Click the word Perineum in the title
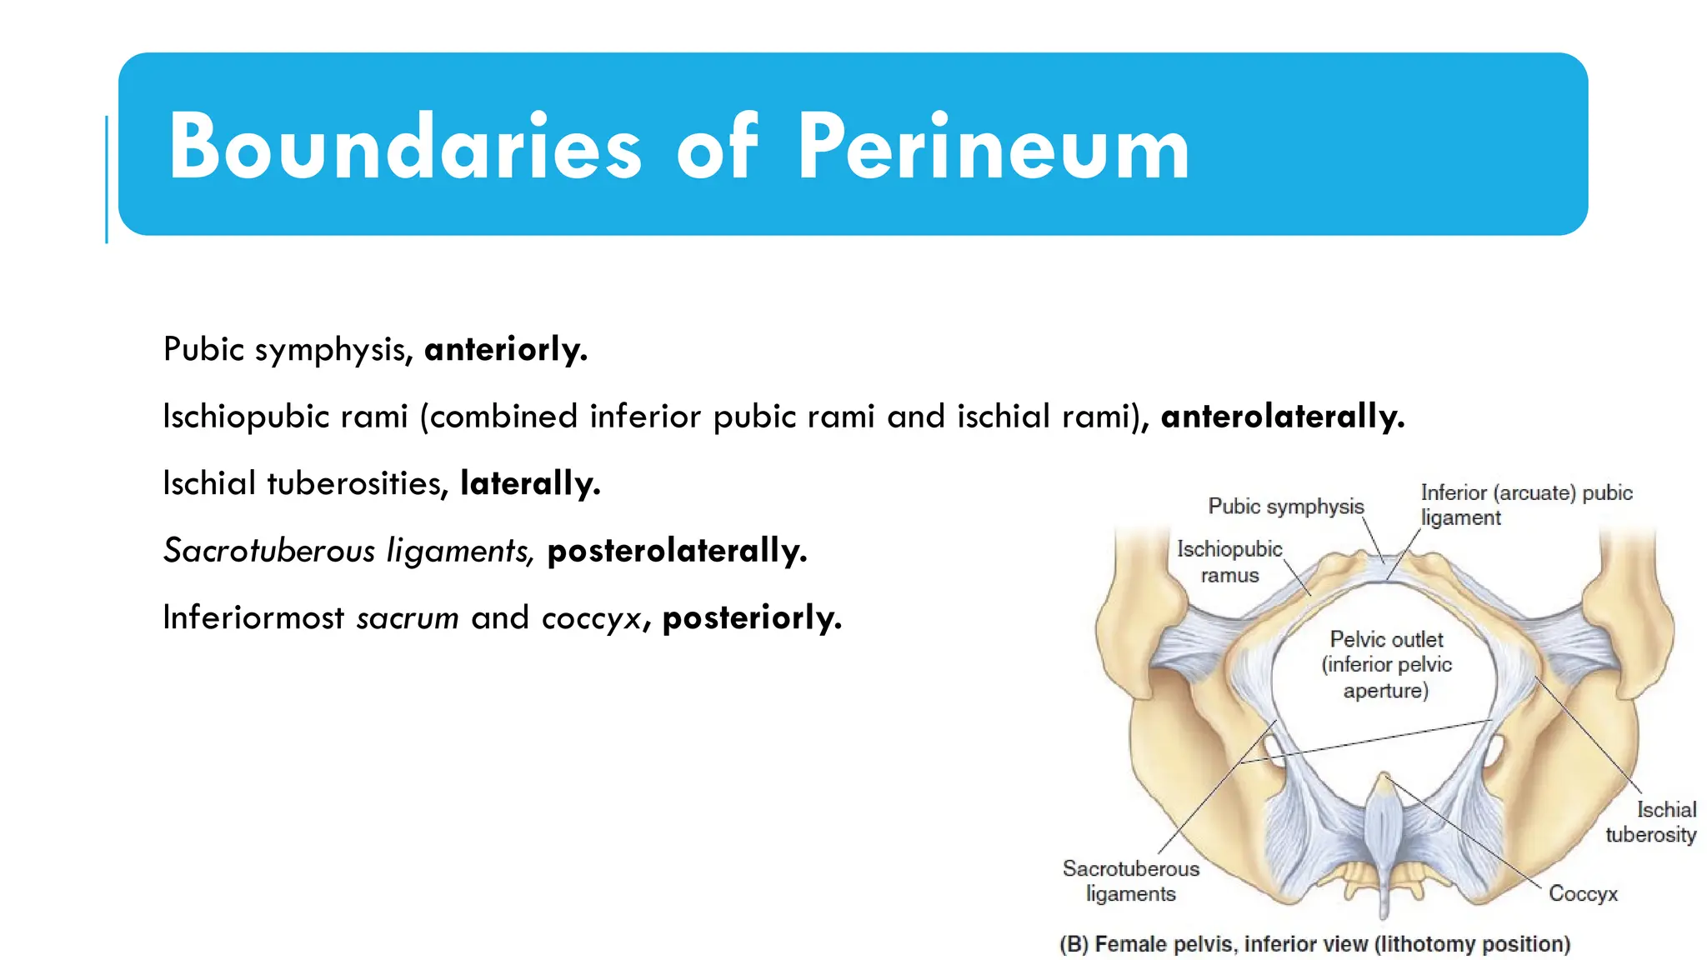(x=994, y=147)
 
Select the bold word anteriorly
(x=506, y=349)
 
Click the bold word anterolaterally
(x=1283, y=416)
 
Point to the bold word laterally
(x=530, y=483)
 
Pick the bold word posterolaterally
(x=677, y=551)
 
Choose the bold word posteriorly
(x=752, y=618)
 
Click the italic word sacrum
(x=408, y=618)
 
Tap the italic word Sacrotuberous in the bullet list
(x=268, y=551)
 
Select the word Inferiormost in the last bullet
(x=253, y=618)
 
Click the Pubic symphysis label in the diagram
(x=1286, y=506)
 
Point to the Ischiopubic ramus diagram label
(x=1229, y=562)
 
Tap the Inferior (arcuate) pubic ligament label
(x=1525, y=505)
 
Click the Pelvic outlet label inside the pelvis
(x=1386, y=664)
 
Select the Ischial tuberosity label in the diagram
(x=1651, y=822)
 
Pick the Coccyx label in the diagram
(x=1583, y=893)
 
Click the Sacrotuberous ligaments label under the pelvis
(x=1131, y=881)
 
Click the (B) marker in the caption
(x=1074, y=944)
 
